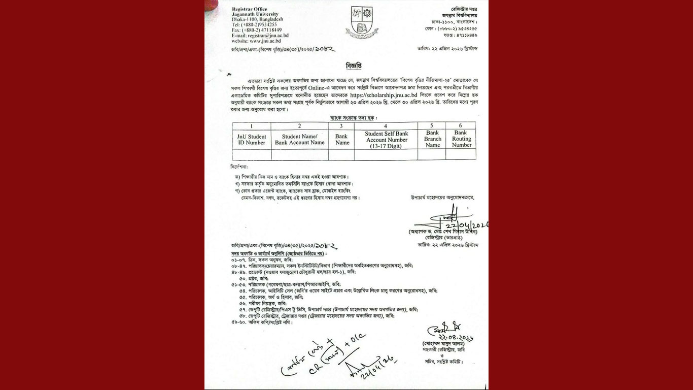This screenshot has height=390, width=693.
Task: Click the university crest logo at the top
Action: pos(359,23)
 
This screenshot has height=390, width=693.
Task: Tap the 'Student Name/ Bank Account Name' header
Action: pos(299,139)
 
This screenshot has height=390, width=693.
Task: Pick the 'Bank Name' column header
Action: pos(342,139)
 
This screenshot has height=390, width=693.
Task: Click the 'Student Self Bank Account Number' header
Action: pos(387,140)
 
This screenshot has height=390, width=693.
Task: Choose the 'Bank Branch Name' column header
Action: pos(432,139)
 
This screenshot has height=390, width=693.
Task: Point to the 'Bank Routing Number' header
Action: pos(461,139)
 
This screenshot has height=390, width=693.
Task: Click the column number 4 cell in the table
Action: pos(387,125)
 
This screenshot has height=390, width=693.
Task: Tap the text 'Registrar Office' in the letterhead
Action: pos(249,10)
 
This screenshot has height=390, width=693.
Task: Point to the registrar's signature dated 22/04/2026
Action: pos(446,221)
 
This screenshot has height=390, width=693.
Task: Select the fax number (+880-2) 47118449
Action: pos(263,30)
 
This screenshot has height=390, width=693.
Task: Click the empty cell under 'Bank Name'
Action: pos(342,154)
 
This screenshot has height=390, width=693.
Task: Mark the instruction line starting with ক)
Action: pos(292,176)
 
